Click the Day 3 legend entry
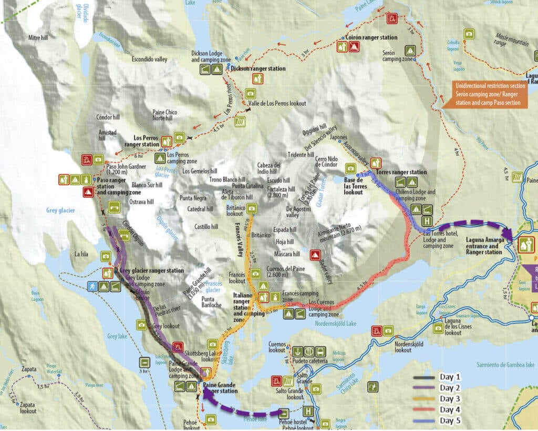click(450, 399)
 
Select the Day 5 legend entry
click(450, 420)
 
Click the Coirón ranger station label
click(371, 38)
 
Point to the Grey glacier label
click(57, 211)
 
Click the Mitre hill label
click(38, 38)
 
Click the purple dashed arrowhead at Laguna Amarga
click(508, 233)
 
